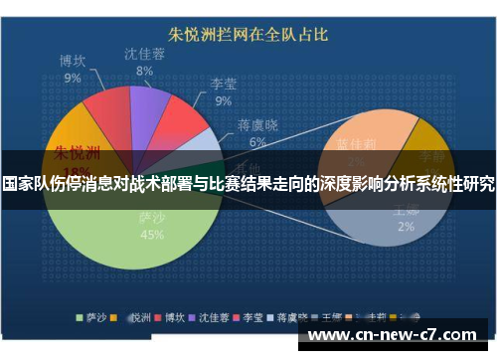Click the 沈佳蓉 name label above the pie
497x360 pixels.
pyautogui.click(x=144, y=54)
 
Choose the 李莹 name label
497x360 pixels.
pyautogui.click(x=223, y=85)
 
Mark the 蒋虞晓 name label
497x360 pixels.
pyautogui.click(x=257, y=125)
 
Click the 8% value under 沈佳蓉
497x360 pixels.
pyautogui.click(x=144, y=72)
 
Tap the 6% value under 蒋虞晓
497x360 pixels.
pyautogui.click(x=257, y=142)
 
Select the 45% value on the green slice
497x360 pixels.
pyautogui.click(x=152, y=235)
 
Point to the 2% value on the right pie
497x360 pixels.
pyautogui.click(x=406, y=227)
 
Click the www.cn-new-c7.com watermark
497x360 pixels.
pyautogui.click(x=397, y=334)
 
